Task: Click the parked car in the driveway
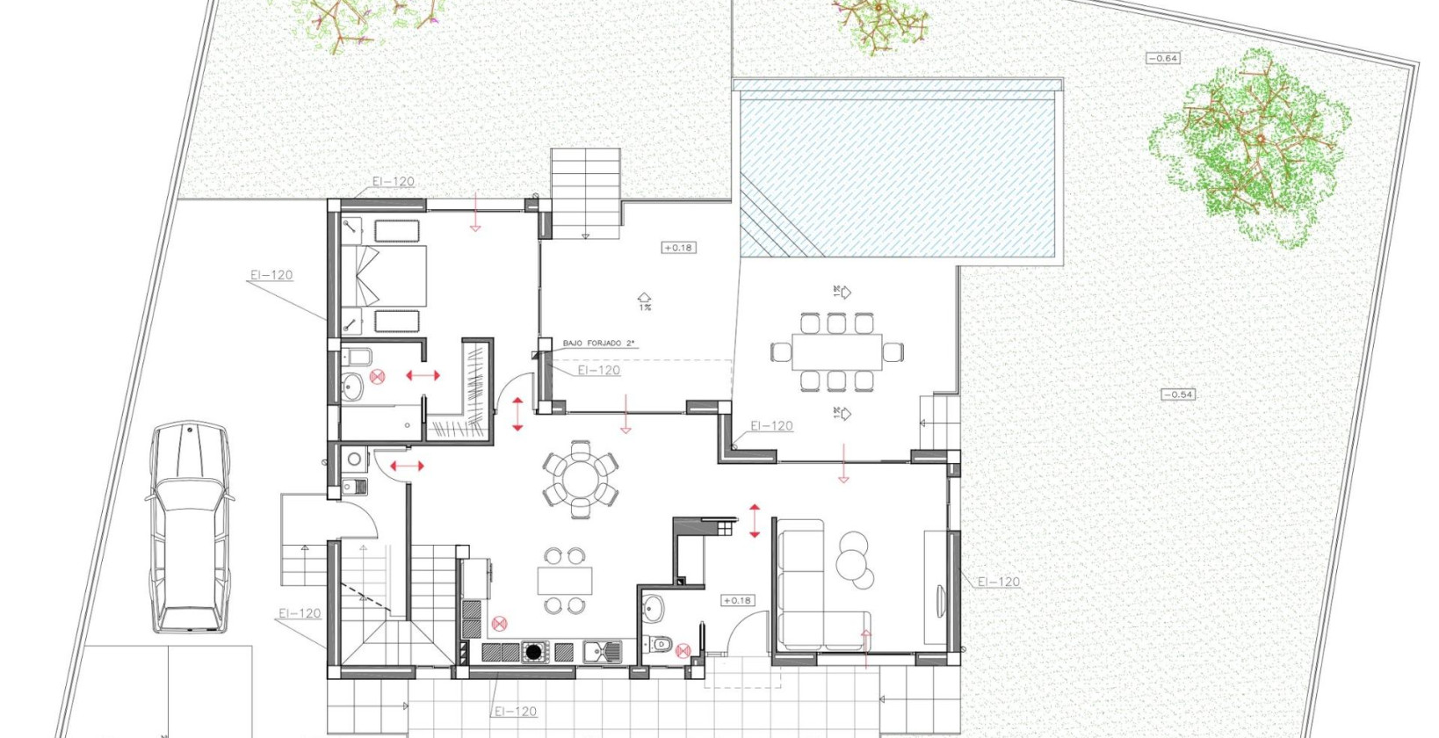pos(189,527)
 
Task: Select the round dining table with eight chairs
pos(580,479)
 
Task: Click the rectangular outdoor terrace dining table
pos(836,352)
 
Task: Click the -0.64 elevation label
pos(1163,58)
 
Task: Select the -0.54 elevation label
pos(1178,394)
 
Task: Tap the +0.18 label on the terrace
pos(678,248)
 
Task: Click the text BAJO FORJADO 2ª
pos(599,344)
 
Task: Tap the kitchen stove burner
pos(533,652)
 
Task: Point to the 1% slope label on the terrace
pos(645,307)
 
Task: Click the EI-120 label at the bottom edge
pos(515,712)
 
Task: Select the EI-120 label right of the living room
pos(999,582)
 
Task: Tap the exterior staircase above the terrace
pos(585,192)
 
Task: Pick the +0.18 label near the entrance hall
pos(736,601)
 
